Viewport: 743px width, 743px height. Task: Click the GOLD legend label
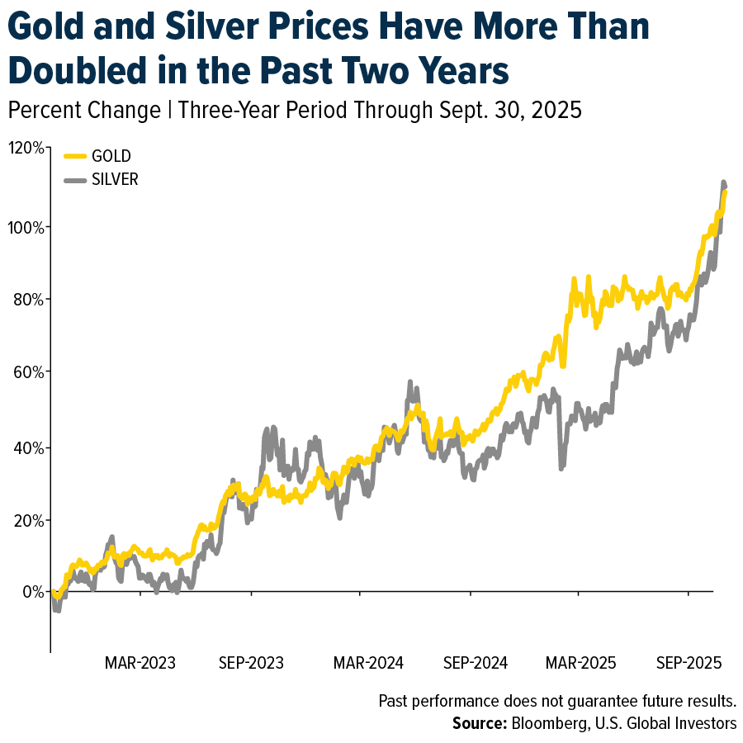pos(111,156)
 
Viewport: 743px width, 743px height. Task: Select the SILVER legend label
pos(115,179)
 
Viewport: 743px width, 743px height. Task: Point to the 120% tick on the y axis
pos(26,149)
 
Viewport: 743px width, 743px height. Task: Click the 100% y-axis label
pos(26,227)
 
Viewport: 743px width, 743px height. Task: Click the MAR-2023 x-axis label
pos(140,663)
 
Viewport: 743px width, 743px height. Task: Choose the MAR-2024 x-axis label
pos(368,663)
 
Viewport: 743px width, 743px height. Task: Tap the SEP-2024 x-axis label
pos(476,663)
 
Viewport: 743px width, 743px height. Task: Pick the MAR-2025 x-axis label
pos(580,663)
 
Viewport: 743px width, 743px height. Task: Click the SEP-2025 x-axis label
pos(688,663)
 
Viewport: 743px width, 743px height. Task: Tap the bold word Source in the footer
pos(479,723)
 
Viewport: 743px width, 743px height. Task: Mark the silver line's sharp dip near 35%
pos(561,466)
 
